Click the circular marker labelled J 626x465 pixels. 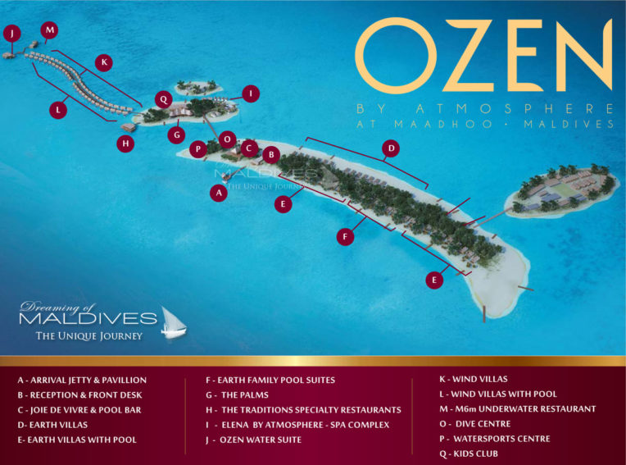11,33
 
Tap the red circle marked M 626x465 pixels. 50,30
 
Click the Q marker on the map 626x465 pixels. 162,99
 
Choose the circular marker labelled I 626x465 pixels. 251,93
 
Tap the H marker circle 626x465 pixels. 125,144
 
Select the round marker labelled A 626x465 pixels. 218,193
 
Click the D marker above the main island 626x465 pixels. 392,148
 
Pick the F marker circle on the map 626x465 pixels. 347,236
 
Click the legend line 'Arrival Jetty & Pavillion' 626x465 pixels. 82,381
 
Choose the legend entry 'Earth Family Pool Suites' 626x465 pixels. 270,381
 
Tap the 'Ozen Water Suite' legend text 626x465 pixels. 261,440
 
